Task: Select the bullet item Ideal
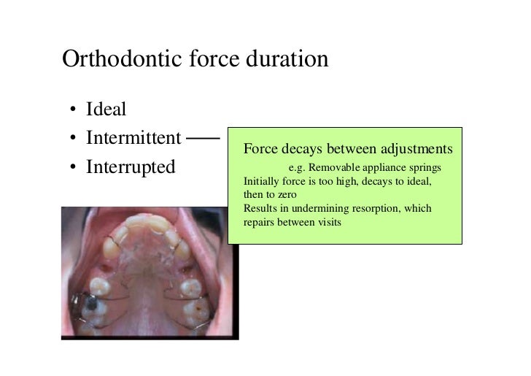pos(106,110)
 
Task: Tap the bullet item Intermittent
pos(133,137)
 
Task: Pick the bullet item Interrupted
pos(131,166)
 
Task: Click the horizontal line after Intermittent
pos(202,137)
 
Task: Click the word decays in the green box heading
pos(296,150)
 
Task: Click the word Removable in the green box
pos(338,168)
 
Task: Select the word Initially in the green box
pos(260,181)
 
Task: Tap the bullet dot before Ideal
pos(74,111)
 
